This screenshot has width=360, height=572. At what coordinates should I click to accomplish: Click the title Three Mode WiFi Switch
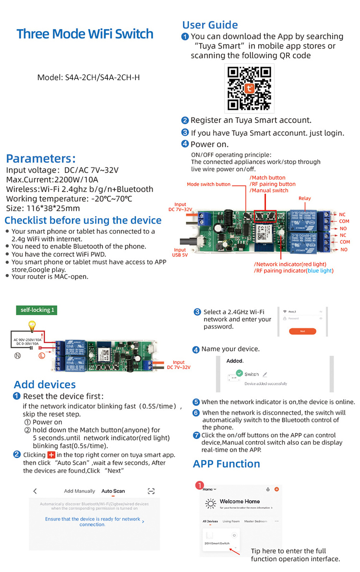[x=85, y=34]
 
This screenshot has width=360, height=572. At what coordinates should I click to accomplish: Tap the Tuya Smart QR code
[x=250, y=88]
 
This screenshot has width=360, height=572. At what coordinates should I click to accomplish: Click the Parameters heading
[x=41, y=159]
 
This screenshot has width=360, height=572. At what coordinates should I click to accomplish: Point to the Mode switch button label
[x=208, y=184]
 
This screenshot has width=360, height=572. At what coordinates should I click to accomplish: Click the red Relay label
[x=304, y=198]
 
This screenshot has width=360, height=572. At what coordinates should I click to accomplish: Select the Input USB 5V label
[x=180, y=253]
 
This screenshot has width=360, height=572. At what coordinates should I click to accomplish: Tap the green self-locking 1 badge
[x=37, y=310]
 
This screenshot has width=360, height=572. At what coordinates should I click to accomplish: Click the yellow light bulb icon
[x=32, y=326]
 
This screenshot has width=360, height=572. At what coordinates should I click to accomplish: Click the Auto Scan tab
[x=113, y=491]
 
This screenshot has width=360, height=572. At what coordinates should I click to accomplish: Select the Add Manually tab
[x=80, y=491]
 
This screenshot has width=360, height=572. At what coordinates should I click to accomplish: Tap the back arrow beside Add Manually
[x=35, y=491]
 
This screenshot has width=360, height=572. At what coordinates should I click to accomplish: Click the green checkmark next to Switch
[x=239, y=373]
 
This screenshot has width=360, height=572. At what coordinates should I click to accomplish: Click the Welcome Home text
[x=239, y=501]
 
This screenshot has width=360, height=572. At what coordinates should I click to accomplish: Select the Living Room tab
[x=231, y=521]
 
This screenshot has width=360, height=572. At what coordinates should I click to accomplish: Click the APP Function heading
[x=226, y=464]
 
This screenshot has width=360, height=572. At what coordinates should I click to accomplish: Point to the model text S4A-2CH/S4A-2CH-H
[x=88, y=77]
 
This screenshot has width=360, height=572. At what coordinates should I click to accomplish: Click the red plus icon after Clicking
[x=51, y=454]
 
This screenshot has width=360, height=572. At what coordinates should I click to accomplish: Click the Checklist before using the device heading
[x=83, y=220]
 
